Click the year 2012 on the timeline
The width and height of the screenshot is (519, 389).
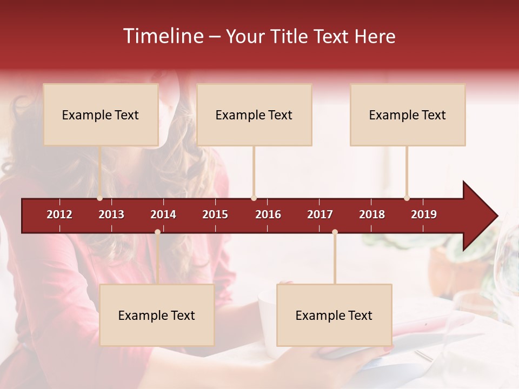pos(59,214)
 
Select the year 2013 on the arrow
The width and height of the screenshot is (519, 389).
pos(111,214)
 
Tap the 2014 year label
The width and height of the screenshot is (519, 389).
pos(163,214)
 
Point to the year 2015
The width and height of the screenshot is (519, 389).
pos(215,214)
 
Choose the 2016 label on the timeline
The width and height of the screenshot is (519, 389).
pos(268,214)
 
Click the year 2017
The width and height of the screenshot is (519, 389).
pos(320,214)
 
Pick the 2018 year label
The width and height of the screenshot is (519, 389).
pos(372,214)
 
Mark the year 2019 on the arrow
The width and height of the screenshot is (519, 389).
pos(424,214)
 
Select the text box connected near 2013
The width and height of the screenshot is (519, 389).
pos(101,115)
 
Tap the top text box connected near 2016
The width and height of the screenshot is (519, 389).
pos(254,115)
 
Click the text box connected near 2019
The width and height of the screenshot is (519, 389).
pos(408,115)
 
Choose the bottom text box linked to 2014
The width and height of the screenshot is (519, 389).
pos(157,315)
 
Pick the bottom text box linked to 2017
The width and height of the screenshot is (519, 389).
pos(334,315)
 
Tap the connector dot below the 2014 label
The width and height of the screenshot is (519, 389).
pos(157,232)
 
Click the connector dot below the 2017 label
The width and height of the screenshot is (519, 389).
pos(335,232)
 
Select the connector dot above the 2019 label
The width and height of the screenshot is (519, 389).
pos(407,198)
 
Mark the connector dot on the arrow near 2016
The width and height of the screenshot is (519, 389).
pos(254,198)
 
